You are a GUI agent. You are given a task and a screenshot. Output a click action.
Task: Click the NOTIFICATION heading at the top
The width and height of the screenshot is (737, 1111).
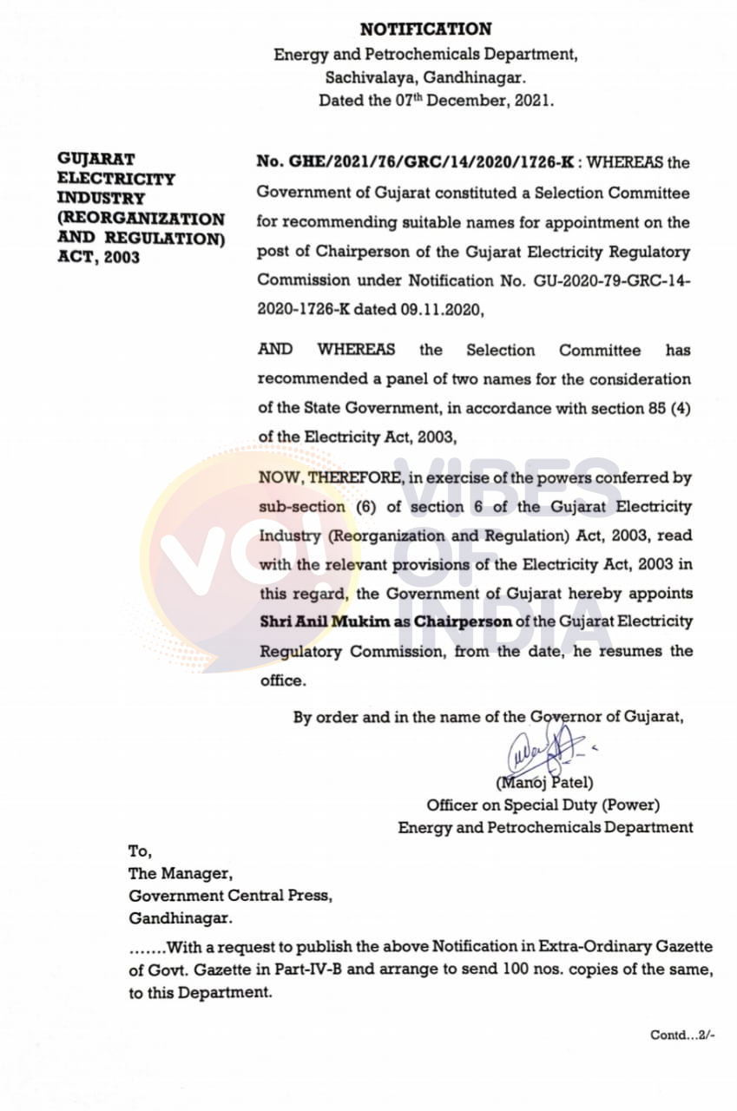[425, 30]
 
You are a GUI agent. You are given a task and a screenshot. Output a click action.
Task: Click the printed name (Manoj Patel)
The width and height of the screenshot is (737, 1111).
[544, 784]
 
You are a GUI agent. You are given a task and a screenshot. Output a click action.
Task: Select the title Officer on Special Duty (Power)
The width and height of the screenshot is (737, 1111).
[543, 805]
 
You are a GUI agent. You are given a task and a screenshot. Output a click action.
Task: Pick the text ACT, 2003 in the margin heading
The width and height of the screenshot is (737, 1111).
[98, 258]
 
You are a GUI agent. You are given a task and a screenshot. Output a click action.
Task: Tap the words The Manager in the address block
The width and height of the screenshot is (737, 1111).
[181, 874]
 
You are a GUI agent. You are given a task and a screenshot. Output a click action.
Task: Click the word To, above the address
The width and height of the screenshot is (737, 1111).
[140, 851]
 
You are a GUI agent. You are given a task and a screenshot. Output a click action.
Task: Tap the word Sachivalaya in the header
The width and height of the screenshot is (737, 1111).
[361, 77]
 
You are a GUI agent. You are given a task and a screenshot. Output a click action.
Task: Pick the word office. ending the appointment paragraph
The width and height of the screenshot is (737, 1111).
[283, 680]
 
